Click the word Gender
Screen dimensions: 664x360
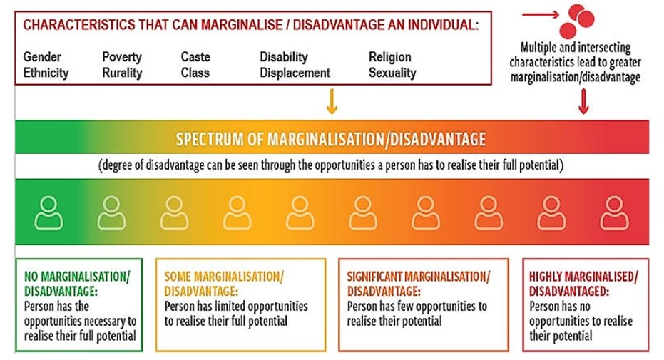tap(42, 57)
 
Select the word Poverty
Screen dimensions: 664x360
tap(122, 57)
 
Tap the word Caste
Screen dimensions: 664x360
tap(195, 57)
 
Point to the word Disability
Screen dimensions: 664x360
tap(284, 57)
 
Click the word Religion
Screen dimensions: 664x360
tap(390, 57)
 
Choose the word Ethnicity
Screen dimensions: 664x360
tap(46, 73)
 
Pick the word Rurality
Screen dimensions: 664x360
tap(122, 73)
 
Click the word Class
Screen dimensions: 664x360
tap(195, 72)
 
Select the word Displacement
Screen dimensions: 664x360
tap(295, 73)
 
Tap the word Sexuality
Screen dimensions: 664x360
tap(392, 73)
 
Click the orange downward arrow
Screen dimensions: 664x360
tap(332, 101)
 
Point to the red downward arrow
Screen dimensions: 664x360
tap(583, 101)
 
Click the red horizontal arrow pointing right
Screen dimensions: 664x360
tap(541, 15)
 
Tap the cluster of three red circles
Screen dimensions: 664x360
tap(577, 21)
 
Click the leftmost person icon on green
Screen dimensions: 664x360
tap(48, 212)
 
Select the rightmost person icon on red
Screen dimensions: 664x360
tap(615, 212)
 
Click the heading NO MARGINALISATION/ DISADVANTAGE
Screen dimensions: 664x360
tap(77, 284)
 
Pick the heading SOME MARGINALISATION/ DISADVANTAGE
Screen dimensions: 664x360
tap(224, 284)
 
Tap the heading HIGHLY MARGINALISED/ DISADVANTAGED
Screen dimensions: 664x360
tap(583, 284)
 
